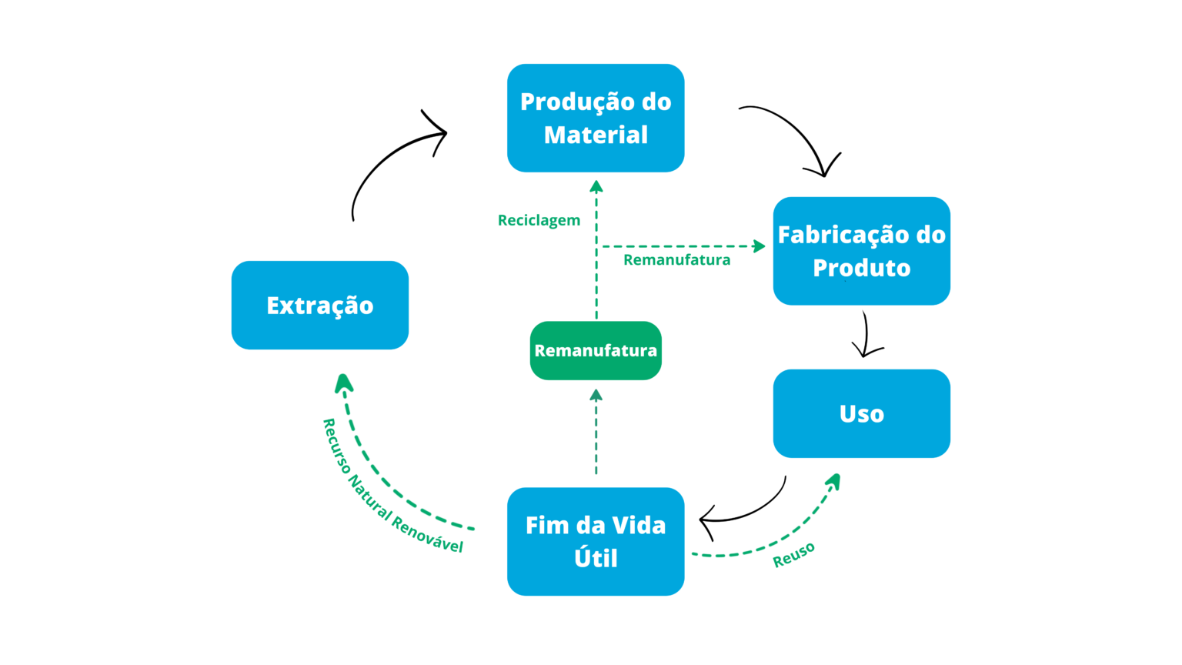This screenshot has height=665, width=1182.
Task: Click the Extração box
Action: pyautogui.click(x=319, y=306)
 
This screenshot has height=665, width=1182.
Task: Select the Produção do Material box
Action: pyautogui.click(x=596, y=118)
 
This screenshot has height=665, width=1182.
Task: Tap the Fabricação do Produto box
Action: pyautogui.click(x=861, y=251)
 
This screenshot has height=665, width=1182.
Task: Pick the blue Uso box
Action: pyautogui.click(x=861, y=413)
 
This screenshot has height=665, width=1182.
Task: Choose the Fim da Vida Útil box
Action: pyautogui.click(x=596, y=541)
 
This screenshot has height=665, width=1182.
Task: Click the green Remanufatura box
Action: pyautogui.click(x=596, y=351)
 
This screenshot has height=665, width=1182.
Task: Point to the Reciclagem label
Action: pyautogui.click(x=539, y=220)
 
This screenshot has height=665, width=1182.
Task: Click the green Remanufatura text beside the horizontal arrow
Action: pyautogui.click(x=676, y=260)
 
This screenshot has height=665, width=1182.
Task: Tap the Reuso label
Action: pyautogui.click(x=793, y=554)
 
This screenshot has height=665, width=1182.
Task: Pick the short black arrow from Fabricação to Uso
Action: pyautogui.click(x=866, y=335)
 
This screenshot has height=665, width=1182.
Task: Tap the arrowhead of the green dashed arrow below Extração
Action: pyautogui.click(x=344, y=383)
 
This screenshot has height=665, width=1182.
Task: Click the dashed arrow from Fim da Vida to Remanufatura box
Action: pyautogui.click(x=596, y=435)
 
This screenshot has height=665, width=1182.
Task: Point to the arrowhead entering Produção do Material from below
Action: pyautogui.click(x=596, y=186)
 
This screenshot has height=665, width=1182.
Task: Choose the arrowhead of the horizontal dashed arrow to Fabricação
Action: pyautogui.click(x=760, y=246)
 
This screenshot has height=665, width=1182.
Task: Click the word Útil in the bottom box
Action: pyautogui.click(x=596, y=558)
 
